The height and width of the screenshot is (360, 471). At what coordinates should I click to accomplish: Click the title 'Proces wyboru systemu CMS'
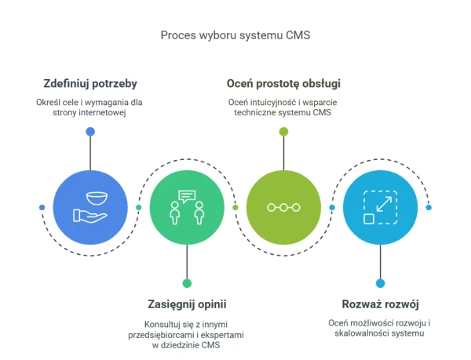[235, 35]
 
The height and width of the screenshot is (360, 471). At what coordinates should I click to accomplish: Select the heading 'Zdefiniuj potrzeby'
[90, 84]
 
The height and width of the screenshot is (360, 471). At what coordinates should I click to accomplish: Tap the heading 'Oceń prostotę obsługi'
[283, 84]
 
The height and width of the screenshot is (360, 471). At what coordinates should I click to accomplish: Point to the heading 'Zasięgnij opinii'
[187, 304]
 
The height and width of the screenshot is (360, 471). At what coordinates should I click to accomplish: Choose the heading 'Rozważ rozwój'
[380, 304]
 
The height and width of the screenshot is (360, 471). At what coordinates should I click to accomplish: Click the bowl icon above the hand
[97, 198]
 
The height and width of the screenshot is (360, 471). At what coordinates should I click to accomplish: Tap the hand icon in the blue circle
[89, 216]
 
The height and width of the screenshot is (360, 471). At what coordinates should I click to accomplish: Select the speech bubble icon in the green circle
[187, 197]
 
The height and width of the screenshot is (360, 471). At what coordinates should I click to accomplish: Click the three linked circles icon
[283, 207]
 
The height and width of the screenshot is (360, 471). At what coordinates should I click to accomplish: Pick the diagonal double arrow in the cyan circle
[384, 204]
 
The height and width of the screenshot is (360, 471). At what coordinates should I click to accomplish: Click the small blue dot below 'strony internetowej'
[90, 132]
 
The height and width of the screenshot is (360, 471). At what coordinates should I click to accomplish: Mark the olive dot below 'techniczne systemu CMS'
[283, 132]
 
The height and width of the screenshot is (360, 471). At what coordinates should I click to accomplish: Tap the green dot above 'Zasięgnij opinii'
[187, 283]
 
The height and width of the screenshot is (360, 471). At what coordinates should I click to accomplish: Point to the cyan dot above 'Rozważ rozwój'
[380, 283]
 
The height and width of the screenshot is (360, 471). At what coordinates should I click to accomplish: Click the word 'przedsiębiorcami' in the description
[161, 335]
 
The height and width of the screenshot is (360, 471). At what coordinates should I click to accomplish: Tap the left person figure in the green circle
[175, 213]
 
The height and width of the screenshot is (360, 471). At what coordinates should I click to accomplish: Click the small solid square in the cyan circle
[369, 219]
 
